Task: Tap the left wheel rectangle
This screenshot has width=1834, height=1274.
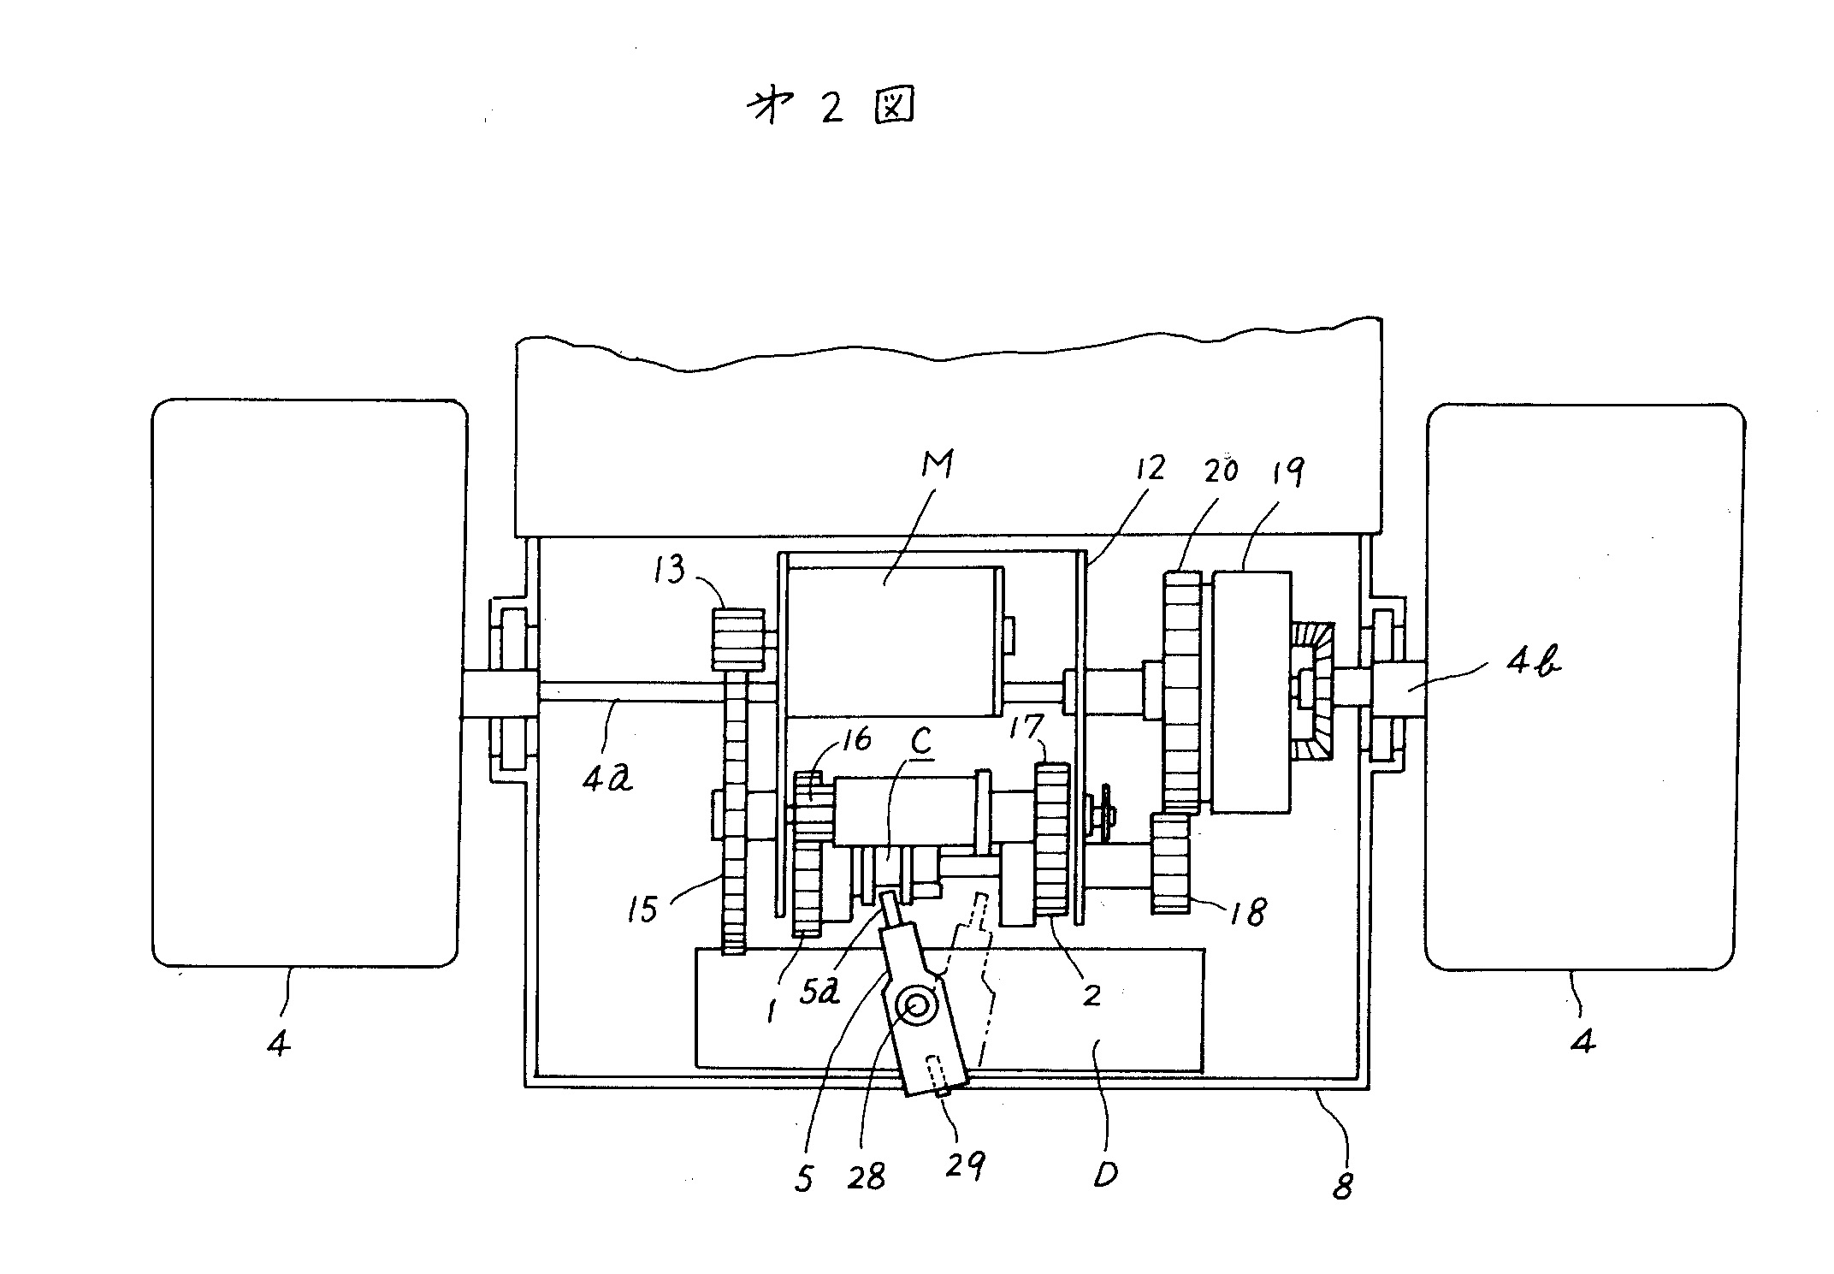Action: tap(310, 683)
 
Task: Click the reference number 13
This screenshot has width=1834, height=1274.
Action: tap(670, 569)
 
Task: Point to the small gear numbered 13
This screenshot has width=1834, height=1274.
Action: tap(737, 639)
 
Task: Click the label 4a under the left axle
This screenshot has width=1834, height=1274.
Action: tap(607, 778)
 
